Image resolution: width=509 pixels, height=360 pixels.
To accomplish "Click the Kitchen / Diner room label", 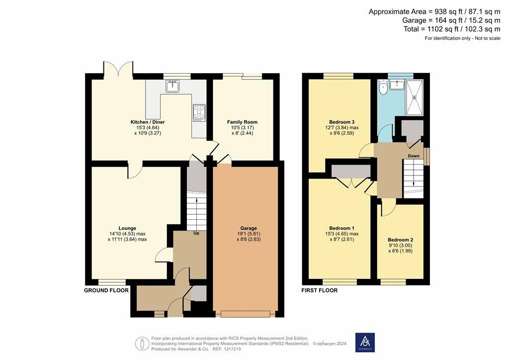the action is click(148, 122).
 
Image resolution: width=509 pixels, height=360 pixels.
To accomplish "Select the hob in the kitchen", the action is click(199, 112).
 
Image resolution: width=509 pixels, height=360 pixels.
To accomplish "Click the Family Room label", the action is click(242, 122).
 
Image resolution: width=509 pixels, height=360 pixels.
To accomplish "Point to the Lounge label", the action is click(127, 228).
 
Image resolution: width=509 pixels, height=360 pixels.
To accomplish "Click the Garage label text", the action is click(249, 228).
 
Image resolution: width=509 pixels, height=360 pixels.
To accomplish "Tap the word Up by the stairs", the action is click(196, 233).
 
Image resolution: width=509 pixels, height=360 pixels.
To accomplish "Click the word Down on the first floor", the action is click(414, 156).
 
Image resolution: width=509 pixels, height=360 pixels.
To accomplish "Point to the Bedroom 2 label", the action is click(400, 240).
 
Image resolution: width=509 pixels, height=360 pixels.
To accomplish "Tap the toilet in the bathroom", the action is click(383, 88).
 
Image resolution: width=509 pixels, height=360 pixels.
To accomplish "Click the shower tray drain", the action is click(415, 97).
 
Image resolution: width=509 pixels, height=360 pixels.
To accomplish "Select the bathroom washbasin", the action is click(396, 85).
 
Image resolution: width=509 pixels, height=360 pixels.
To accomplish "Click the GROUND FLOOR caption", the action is click(106, 290).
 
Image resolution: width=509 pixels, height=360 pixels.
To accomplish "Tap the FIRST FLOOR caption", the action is click(320, 290).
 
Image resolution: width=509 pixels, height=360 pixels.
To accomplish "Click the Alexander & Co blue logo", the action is click(365, 342).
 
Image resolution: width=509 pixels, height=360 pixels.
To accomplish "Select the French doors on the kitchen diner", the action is click(118, 70).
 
